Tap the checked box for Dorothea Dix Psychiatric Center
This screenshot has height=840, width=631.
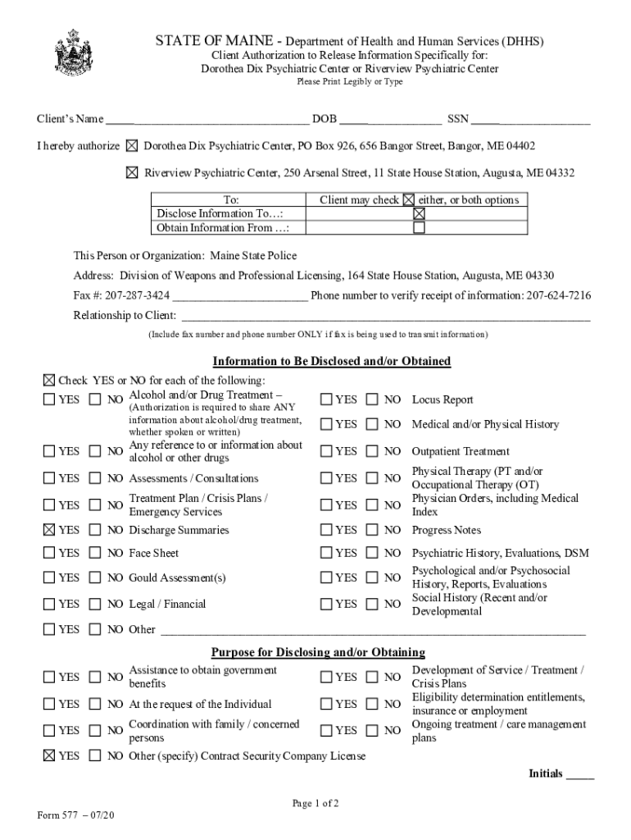point(132,147)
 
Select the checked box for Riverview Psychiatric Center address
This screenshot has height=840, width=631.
point(132,173)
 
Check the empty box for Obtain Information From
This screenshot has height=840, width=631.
point(419,228)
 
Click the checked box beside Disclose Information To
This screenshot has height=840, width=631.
point(419,213)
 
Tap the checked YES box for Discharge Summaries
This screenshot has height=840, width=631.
point(49,530)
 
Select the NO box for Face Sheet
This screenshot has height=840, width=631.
point(95,554)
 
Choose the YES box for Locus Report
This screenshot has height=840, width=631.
point(327,399)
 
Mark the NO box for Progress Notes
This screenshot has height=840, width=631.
point(373,530)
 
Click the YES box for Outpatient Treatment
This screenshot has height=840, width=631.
point(327,451)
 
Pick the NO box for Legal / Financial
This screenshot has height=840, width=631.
point(95,605)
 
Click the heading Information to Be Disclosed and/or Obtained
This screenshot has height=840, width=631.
point(331,362)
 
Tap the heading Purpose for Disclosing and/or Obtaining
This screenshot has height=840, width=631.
point(318,653)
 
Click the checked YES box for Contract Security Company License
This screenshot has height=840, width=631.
point(49,756)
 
